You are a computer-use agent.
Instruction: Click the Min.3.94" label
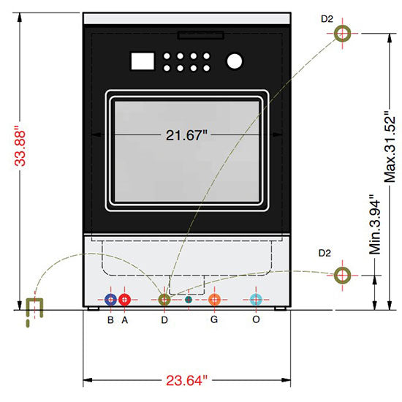(x=376, y=224)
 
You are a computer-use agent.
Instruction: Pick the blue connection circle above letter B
(x=110, y=300)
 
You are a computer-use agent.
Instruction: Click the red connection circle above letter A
(x=125, y=300)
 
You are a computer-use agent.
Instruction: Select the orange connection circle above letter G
(x=214, y=300)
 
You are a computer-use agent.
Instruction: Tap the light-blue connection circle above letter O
(x=256, y=300)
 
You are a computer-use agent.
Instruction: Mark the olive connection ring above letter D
(x=164, y=300)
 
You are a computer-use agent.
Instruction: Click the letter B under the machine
(x=110, y=319)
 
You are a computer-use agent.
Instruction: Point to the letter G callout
(x=214, y=319)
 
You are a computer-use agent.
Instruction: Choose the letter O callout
(x=256, y=319)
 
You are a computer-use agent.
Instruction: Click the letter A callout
(x=125, y=319)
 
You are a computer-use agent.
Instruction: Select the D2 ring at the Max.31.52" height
(x=343, y=33)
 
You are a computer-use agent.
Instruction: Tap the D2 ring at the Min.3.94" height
(x=341, y=275)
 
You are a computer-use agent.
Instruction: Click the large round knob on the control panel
(x=235, y=61)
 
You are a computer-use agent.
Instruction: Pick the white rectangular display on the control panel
(x=140, y=61)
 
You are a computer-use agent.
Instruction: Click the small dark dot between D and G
(x=189, y=300)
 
